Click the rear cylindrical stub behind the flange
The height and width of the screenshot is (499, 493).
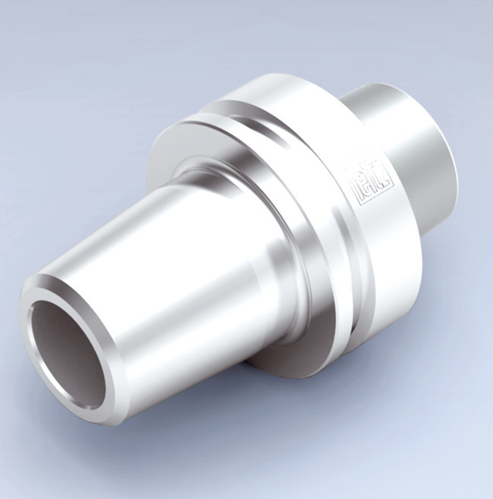click(x=410, y=144)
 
